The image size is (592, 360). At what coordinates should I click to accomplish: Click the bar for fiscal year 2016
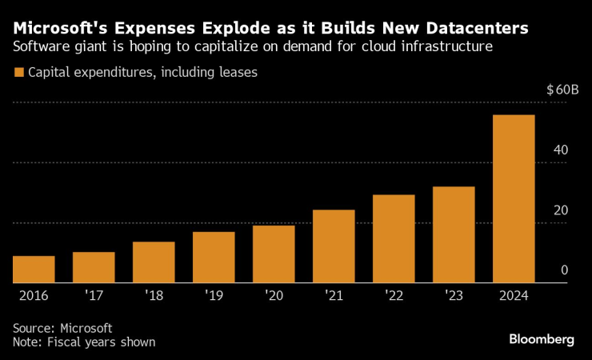[x=34, y=269]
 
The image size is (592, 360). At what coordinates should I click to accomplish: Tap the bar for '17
[x=94, y=267]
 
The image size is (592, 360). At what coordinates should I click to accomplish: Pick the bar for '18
[x=154, y=262]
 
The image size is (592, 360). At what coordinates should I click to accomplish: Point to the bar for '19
[x=214, y=257]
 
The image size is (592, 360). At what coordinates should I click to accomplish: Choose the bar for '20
[x=274, y=254]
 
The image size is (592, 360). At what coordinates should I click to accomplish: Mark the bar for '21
[x=334, y=246]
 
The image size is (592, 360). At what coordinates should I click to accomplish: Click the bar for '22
[x=394, y=238]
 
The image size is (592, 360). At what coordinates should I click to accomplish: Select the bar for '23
[x=454, y=234]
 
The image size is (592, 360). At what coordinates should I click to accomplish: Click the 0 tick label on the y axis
[x=564, y=270]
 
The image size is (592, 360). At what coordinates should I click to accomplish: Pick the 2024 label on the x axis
[x=514, y=295]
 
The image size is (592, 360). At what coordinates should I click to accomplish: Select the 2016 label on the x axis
[x=34, y=295]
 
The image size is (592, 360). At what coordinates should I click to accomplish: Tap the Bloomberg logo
[x=542, y=339]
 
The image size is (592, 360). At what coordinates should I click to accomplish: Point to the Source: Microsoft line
[x=62, y=328]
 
